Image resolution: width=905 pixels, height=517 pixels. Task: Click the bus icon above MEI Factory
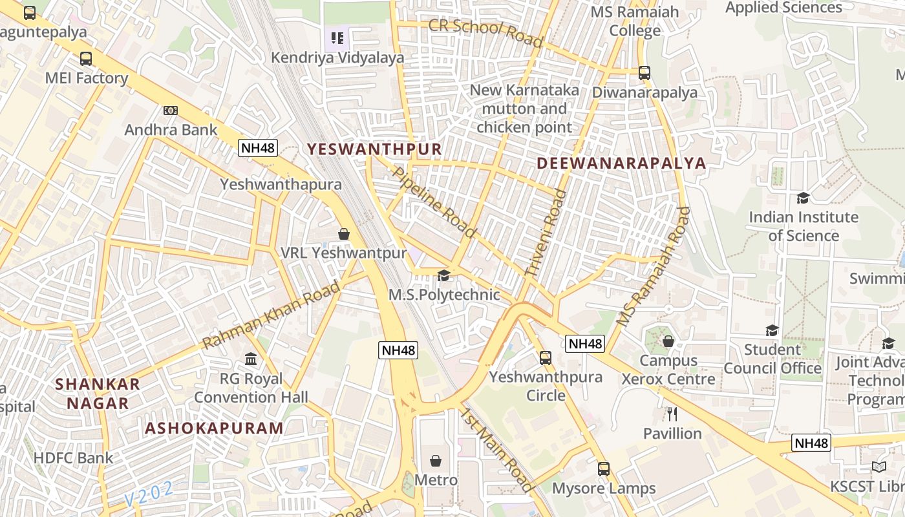(x=86, y=59)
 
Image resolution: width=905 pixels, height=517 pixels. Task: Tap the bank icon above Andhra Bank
(x=171, y=111)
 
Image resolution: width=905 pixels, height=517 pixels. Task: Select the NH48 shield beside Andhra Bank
(x=258, y=148)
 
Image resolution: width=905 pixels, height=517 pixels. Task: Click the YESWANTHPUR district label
(x=374, y=149)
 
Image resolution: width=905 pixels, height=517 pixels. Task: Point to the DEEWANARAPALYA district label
(x=621, y=163)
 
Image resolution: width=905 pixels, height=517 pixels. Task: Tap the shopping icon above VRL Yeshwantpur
(x=344, y=234)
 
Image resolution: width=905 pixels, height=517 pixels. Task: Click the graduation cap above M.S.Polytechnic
(x=443, y=276)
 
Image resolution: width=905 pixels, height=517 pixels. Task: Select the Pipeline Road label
(x=434, y=202)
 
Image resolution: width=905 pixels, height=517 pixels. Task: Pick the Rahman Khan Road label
(x=271, y=315)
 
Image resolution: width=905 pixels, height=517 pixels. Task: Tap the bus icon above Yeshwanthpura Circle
(x=546, y=357)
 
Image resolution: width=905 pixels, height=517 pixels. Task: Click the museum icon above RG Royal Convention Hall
(x=251, y=359)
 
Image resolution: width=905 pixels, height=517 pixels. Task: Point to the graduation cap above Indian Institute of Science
(x=803, y=198)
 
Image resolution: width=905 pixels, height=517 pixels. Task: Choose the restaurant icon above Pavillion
(x=672, y=414)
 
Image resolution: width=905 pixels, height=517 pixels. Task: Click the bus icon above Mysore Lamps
(x=604, y=469)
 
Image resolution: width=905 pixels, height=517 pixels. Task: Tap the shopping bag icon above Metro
(x=436, y=461)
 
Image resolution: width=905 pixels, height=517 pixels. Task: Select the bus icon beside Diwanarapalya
(x=644, y=72)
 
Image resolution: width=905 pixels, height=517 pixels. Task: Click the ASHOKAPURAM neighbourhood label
(x=214, y=428)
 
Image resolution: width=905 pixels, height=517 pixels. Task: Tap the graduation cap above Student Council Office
(x=772, y=331)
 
